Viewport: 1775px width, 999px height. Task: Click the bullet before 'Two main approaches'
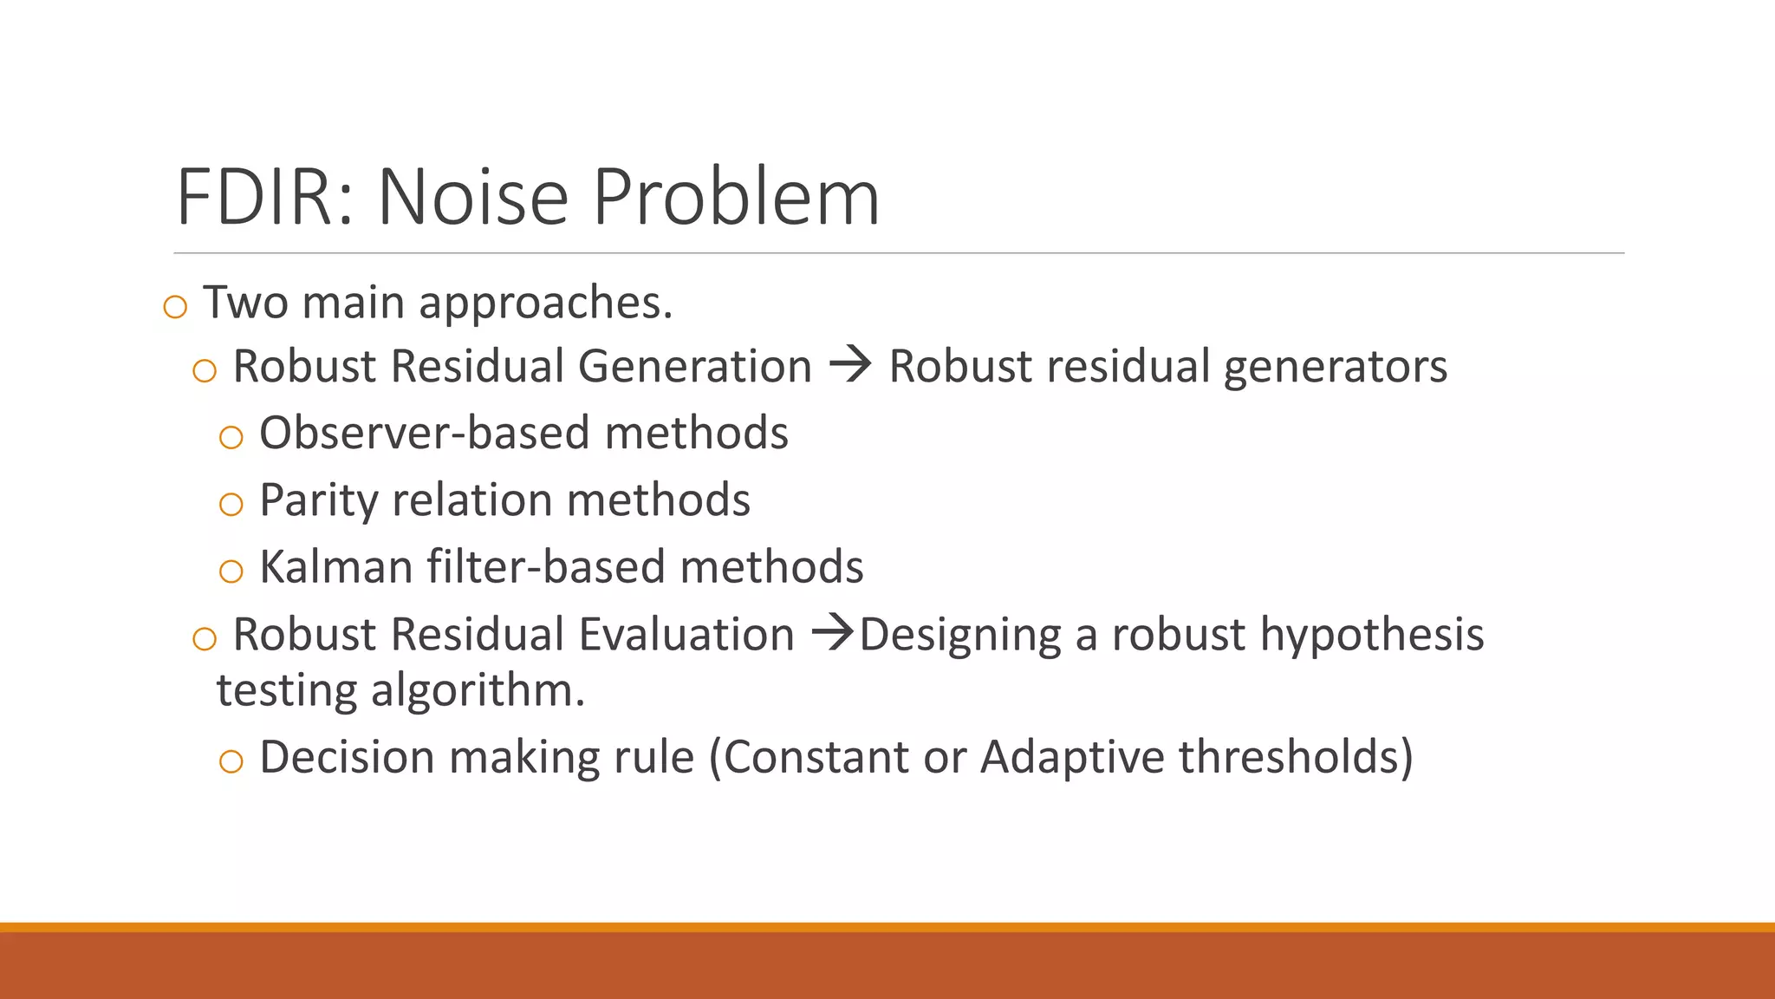175,307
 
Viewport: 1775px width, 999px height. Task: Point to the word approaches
545,304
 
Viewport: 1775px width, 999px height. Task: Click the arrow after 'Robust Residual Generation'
850,364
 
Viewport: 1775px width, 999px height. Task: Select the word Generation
695,366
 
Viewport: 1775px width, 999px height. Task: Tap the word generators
1335,366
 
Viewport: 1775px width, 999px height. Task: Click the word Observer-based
422,433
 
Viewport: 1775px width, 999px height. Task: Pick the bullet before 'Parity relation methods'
231,504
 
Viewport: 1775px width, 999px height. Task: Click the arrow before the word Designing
833,633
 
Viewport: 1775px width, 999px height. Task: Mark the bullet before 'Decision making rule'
231,761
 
